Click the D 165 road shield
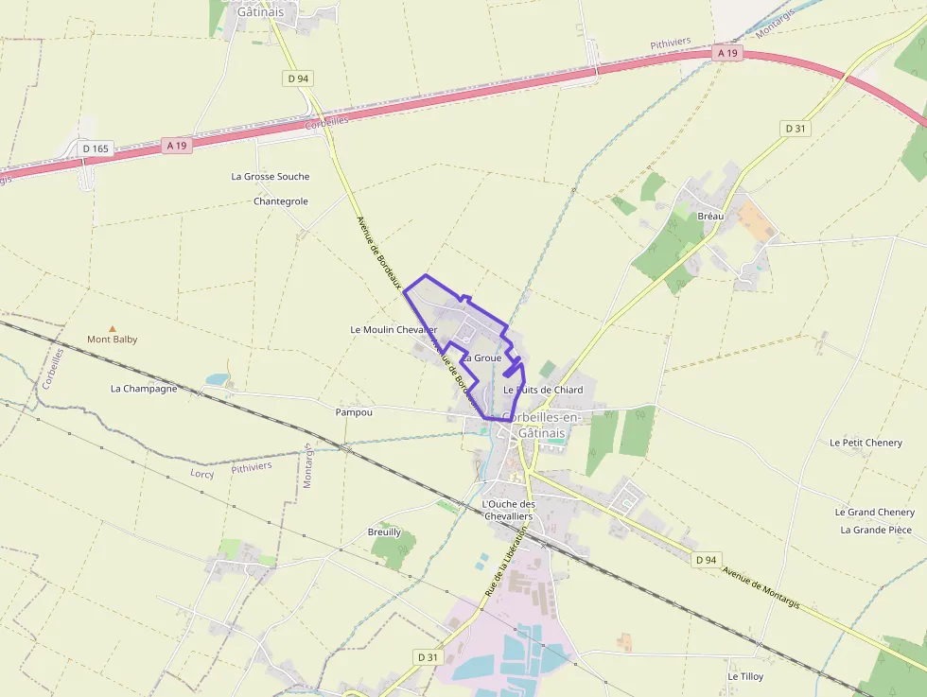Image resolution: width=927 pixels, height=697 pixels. [x=96, y=148]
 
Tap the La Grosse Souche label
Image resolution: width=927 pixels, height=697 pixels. [x=270, y=177]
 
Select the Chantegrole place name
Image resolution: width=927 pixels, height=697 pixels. [x=281, y=201]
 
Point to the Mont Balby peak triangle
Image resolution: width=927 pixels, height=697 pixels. [x=113, y=327]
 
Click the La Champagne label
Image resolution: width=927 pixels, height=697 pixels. [x=144, y=389]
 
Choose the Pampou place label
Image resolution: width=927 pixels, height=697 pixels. [x=354, y=412]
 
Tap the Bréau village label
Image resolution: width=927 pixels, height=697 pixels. [x=709, y=217]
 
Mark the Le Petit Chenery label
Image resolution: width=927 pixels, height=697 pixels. [x=866, y=443]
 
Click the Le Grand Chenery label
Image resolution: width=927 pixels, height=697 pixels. [x=874, y=513]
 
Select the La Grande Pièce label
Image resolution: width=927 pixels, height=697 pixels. [x=876, y=530]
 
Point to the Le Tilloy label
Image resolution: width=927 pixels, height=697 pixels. [x=745, y=677]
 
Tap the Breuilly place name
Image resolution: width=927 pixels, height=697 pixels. [x=384, y=532]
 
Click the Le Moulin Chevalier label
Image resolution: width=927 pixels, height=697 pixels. [x=394, y=330]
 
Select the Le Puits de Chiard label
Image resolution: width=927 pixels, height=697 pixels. [x=543, y=390]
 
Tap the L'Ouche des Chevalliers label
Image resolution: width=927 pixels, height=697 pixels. [x=508, y=510]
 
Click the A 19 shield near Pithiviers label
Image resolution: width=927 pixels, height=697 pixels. [x=726, y=54]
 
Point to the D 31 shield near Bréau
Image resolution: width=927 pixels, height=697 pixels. [x=794, y=128]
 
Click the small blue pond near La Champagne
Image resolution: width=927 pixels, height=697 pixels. [x=219, y=379]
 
